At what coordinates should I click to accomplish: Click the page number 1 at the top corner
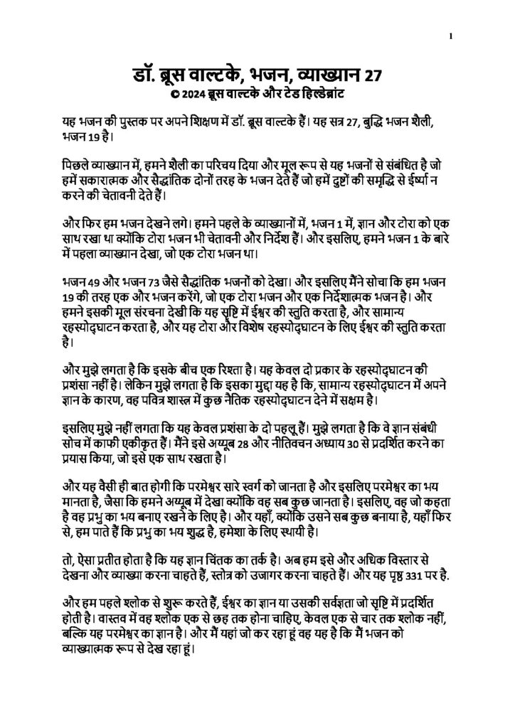click(x=451, y=36)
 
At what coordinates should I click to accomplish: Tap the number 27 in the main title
click(x=373, y=74)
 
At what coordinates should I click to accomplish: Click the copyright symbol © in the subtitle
click(x=166, y=93)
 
